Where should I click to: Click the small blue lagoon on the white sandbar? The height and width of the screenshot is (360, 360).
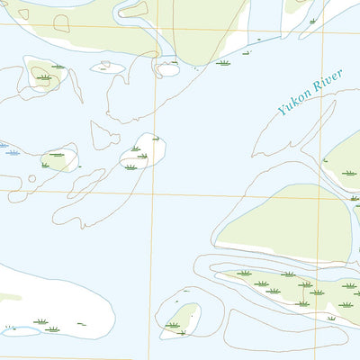(20, 331)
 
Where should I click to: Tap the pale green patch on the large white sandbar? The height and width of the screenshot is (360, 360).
(9, 296)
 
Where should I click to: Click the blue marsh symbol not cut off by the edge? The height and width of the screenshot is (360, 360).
(13, 153)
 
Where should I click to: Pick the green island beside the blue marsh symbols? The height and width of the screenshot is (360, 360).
(59, 159)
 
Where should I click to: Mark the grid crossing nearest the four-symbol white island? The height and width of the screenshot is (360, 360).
(153, 192)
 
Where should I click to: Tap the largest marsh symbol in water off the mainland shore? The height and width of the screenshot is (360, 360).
(223, 63)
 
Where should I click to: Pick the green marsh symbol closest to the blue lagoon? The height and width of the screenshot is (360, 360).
(40, 321)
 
